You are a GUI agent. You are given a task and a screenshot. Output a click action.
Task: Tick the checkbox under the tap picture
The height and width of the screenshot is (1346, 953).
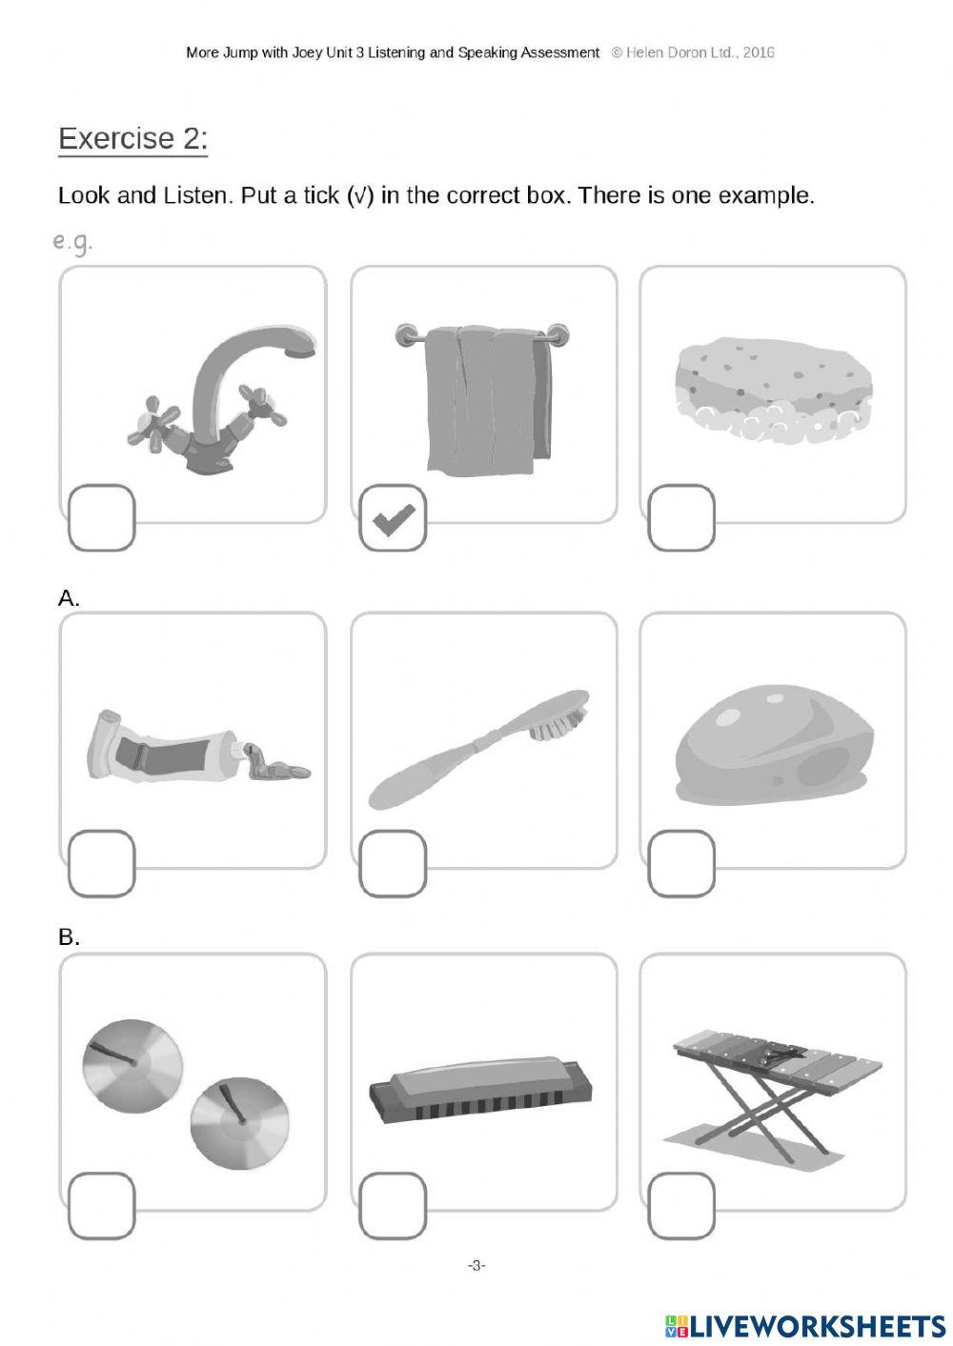point(101,518)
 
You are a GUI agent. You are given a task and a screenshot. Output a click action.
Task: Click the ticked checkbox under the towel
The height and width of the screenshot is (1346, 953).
point(393,518)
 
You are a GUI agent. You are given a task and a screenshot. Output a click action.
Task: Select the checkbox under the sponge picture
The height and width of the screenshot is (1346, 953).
point(681,518)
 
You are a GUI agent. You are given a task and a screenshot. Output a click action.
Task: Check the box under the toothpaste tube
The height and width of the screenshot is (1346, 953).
point(101,863)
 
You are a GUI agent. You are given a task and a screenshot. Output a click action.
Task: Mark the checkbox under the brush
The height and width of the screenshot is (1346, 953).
point(393,863)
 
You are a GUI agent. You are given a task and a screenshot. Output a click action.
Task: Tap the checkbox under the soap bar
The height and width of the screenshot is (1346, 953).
point(681,863)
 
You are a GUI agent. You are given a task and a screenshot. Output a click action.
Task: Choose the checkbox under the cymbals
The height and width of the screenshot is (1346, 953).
point(101,1206)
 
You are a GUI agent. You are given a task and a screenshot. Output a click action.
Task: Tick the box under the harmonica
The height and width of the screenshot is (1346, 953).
point(393,1206)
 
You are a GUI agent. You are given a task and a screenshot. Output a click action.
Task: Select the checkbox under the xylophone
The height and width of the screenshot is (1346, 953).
point(681,1206)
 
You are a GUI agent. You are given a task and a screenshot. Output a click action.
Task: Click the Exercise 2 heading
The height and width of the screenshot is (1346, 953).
point(132,139)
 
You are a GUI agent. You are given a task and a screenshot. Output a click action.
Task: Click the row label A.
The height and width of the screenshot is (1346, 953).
point(69,598)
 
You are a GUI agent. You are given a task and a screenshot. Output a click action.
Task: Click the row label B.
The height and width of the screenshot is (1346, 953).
point(69,936)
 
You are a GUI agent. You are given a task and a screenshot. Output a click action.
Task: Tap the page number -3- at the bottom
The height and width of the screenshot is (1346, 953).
point(476,1265)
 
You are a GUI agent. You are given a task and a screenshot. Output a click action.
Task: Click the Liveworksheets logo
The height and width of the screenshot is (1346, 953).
point(805,1326)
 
